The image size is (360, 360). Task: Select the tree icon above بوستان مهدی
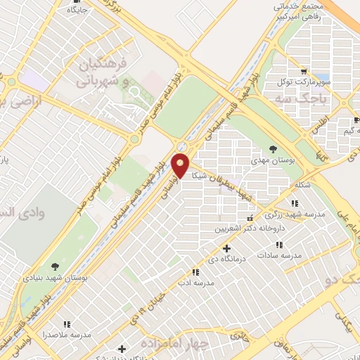click(x=272, y=148)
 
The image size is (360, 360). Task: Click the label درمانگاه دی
click(x=226, y=260)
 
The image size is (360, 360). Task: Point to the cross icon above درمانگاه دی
click(x=226, y=248)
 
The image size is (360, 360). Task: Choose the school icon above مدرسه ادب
click(x=195, y=272)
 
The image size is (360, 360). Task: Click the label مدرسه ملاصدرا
click(x=67, y=335)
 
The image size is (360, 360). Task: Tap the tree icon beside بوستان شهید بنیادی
click(x=55, y=265)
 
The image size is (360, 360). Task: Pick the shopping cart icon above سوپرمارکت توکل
click(x=303, y=70)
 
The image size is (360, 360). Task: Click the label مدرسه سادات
click(x=278, y=256)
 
